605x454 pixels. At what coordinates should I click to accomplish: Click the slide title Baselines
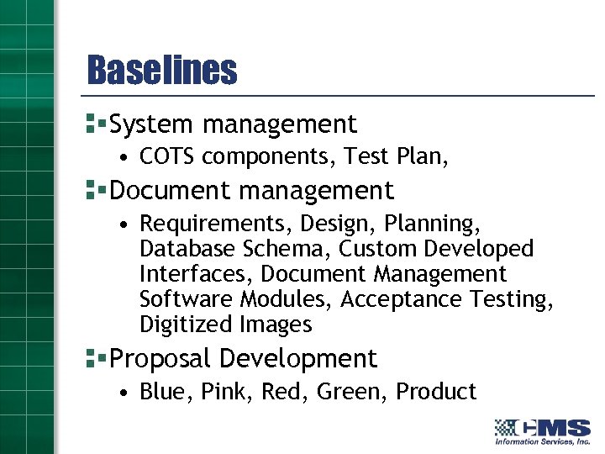pyautogui.click(x=162, y=71)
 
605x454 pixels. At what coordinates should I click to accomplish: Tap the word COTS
pyautogui.click(x=169, y=157)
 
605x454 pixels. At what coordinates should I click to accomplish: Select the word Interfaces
pyautogui.click(x=196, y=275)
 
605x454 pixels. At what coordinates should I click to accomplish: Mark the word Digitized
pyautogui.click(x=186, y=325)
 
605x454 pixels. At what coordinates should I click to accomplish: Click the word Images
pyautogui.click(x=276, y=325)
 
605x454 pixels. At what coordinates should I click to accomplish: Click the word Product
pyautogui.click(x=436, y=392)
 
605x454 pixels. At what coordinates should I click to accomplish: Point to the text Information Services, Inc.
pyautogui.click(x=542, y=441)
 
